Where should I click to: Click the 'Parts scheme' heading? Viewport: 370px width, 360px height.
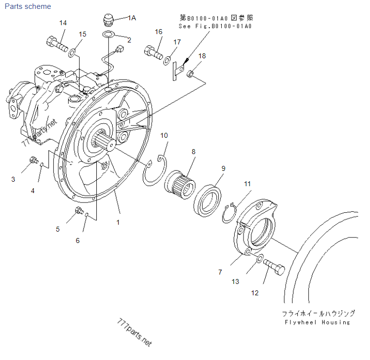point(27,6)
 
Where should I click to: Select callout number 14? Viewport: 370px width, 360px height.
point(63,23)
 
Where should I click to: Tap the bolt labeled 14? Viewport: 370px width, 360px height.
point(57,44)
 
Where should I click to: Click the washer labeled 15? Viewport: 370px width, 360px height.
point(73,51)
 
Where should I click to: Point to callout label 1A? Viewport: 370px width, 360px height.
point(131,18)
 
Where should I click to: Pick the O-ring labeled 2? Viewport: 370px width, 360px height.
point(109,34)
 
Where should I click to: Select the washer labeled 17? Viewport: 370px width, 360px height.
point(167,60)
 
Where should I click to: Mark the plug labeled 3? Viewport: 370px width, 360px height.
point(34,160)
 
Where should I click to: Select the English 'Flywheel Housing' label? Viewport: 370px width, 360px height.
point(317,322)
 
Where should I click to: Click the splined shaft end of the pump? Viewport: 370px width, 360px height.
point(104,141)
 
